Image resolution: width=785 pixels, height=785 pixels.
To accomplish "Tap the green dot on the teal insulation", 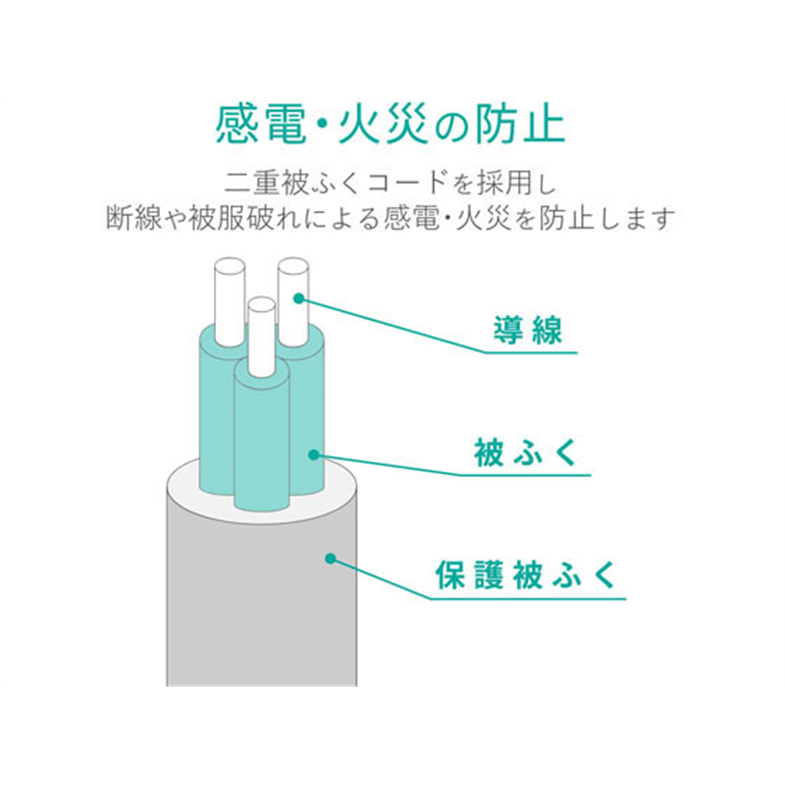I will (x=313, y=454).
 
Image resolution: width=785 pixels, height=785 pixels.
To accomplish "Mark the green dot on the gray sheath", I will (x=331, y=558).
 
